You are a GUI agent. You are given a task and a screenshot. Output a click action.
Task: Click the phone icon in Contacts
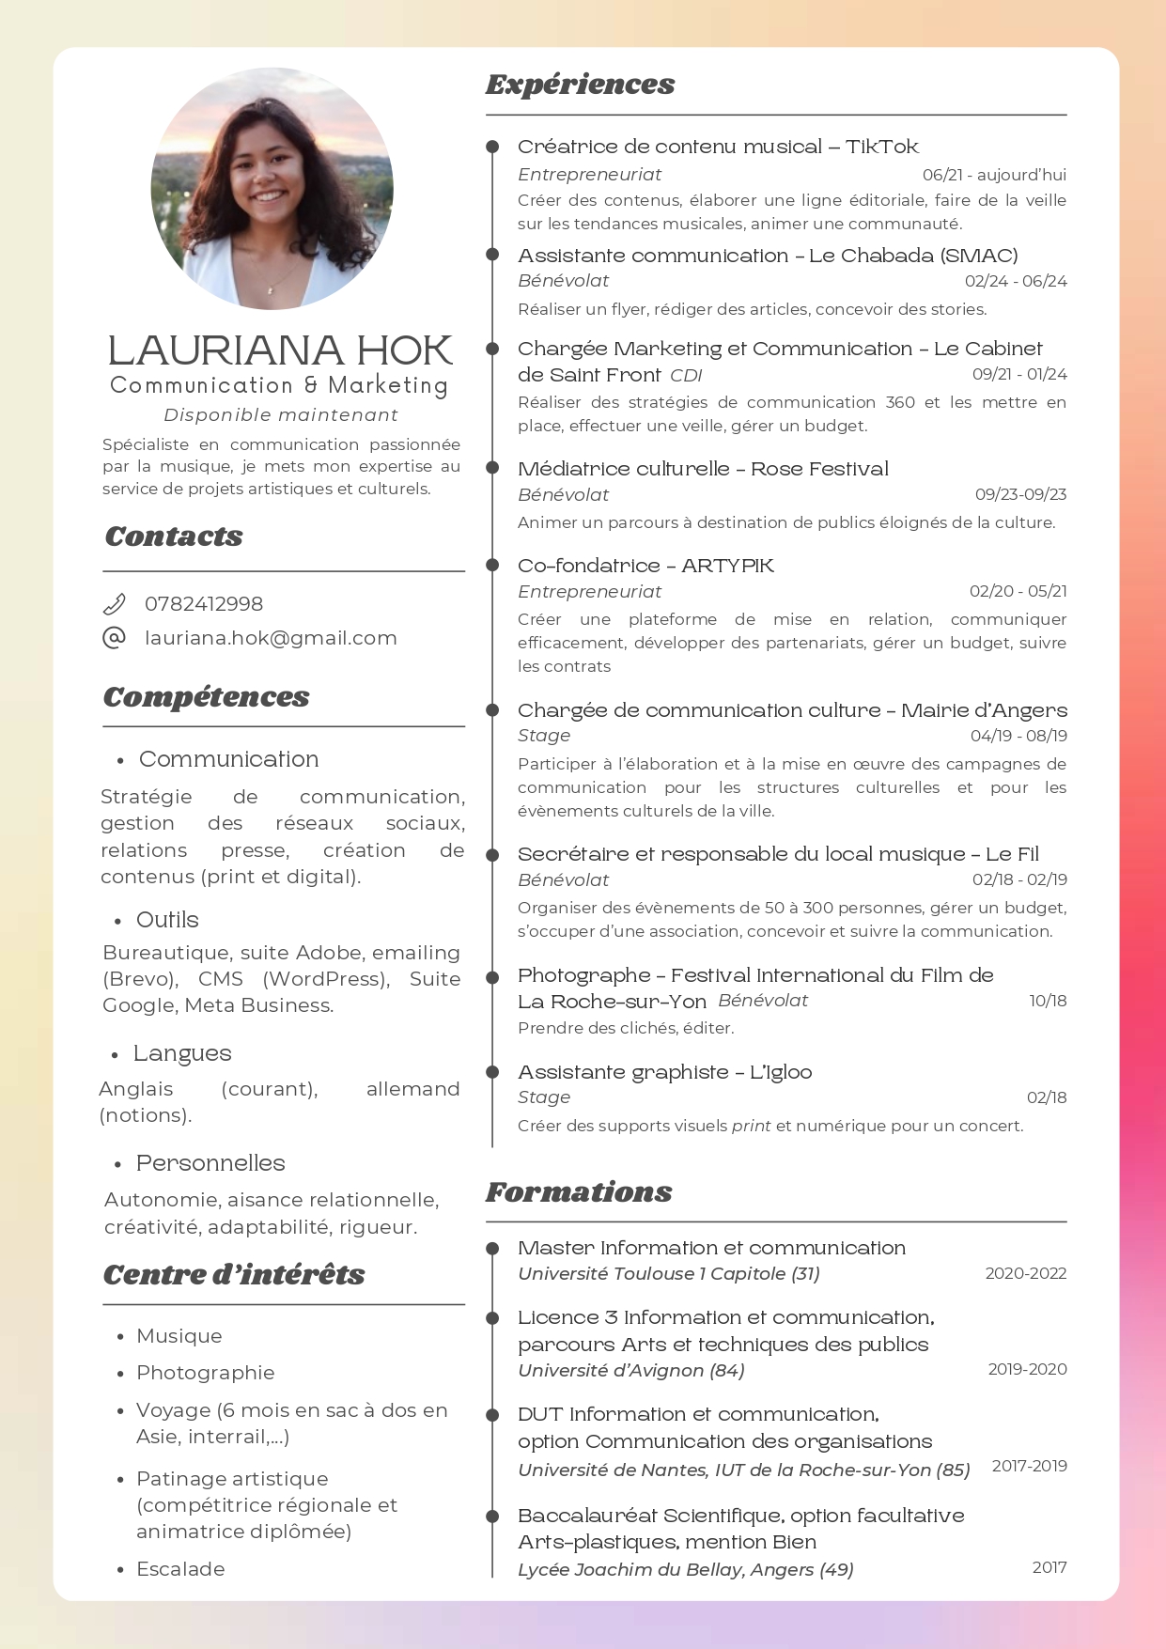coord(114,603)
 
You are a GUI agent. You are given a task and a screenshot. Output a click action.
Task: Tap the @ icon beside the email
coord(114,638)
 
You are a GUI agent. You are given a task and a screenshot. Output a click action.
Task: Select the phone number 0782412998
coord(204,604)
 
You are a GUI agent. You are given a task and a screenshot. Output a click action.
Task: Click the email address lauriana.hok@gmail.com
coord(271,638)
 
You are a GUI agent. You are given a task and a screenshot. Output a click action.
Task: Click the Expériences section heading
coord(580,85)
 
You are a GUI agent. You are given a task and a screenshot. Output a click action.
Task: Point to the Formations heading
coord(579,1191)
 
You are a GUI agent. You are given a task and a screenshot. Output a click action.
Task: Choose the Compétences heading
coord(206,696)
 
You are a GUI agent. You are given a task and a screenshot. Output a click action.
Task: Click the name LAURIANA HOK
coord(280,350)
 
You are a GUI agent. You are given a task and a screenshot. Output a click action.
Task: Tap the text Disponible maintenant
coord(281,414)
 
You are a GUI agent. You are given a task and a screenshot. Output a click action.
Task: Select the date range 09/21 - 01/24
coord(1019,374)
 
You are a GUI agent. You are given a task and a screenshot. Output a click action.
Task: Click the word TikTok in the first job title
coord(881,147)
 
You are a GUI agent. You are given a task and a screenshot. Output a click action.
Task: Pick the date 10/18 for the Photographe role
coord(1048,1001)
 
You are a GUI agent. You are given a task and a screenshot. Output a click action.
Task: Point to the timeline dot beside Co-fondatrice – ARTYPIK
coord(492,565)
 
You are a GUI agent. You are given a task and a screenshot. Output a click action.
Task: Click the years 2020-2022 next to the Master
coord(1025,1273)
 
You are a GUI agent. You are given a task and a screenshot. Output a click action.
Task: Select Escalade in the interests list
coord(180,1568)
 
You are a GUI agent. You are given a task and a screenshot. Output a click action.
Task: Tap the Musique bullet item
coord(179,1335)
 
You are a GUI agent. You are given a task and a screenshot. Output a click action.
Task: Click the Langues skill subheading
coord(182,1053)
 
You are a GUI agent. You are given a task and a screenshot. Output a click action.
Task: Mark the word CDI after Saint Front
coord(686,376)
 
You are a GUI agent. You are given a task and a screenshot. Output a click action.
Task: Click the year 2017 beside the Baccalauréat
coord(1049,1566)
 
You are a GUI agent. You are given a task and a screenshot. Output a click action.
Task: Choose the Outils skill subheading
coord(167,919)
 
